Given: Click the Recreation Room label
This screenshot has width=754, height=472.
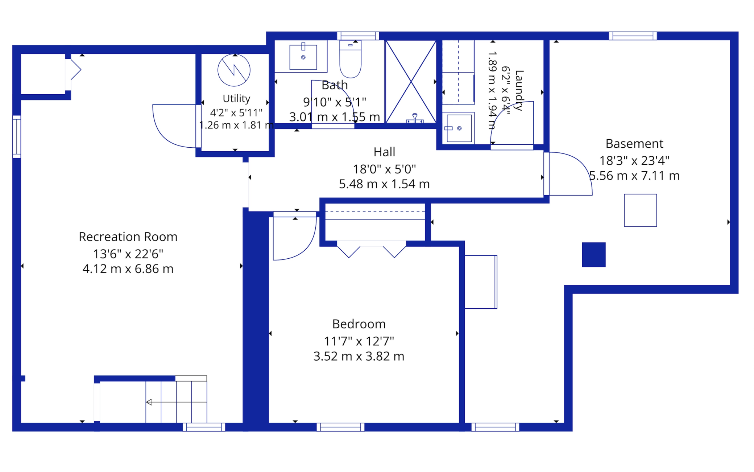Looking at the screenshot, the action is [128, 237].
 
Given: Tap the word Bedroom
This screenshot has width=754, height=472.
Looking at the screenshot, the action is [359, 324].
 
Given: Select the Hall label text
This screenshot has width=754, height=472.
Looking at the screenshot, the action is [384, 152].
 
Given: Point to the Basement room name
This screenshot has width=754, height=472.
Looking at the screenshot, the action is [634, 144].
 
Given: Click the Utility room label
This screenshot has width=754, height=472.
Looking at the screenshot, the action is [236, 99].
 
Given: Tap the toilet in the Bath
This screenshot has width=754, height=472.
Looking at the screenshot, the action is [350, 59].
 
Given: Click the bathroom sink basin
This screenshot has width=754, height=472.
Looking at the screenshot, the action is [303, 57].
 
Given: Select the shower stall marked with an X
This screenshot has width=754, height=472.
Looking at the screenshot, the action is [411, 82].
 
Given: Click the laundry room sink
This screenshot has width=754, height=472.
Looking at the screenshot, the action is [459, 128].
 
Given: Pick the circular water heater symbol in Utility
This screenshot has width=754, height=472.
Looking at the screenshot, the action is [234, 70].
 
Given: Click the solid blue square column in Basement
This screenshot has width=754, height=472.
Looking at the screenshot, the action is [594, 255].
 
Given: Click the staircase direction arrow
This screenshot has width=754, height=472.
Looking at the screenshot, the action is [176, 402].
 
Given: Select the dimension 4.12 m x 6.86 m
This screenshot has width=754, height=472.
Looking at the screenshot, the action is [128, 269].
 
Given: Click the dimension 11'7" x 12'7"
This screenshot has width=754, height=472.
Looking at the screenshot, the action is [359, 341].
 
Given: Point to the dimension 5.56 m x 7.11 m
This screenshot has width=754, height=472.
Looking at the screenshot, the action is [634, 176].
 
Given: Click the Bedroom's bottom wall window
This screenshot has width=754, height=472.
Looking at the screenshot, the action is [340, 427].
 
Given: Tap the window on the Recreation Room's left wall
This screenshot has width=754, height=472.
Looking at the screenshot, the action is [17, 137].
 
